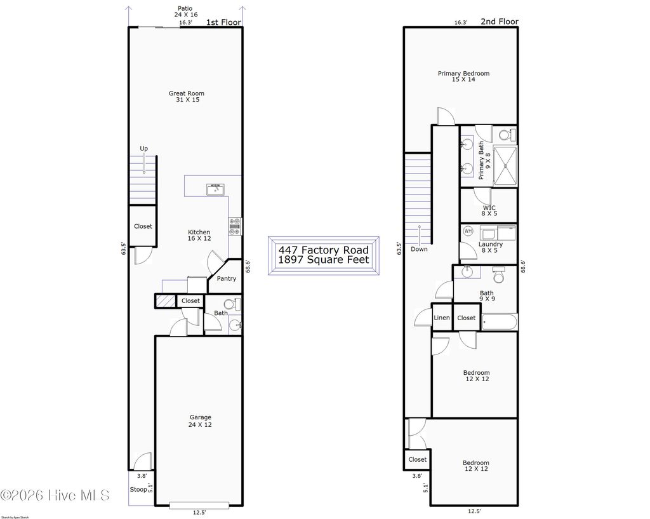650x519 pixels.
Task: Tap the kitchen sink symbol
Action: tap(216, 189)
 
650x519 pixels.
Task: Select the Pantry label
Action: tap(226, 279)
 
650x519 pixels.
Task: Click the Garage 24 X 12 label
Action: tap(200, 421)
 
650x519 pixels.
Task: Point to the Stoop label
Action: tap(138, 490)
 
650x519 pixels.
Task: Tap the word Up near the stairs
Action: tap(144, 149)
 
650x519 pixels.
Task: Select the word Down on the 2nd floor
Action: tap(419, 249)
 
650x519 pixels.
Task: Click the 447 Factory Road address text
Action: tap(323, 250)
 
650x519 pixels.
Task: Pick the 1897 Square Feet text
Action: tap(323, 260)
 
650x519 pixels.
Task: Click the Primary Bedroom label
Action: tap(463, 77)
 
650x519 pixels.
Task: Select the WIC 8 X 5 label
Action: tap(489, 211)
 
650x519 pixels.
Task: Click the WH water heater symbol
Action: tap(469, 231)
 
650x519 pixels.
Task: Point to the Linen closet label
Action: tap(442, 318)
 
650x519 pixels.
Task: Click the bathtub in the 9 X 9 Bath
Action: tap(500, 322)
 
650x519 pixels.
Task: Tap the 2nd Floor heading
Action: tap(499, 22)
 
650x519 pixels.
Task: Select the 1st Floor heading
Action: tap(223, 22)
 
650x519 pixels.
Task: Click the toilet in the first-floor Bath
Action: tap(235, 304)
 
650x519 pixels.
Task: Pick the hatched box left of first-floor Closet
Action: tap(164, 300)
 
